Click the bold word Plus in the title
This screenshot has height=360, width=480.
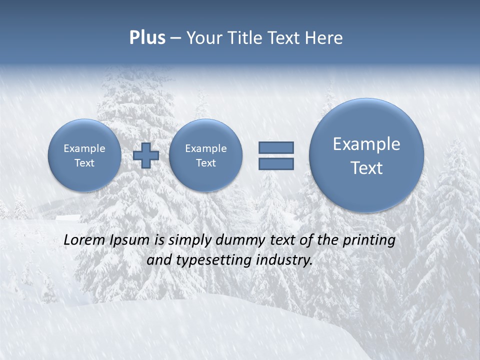(147, 38)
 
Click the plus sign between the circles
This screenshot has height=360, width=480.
(146, 155)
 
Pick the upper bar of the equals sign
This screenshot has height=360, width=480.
(276, 147)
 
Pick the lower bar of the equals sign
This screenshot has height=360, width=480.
(276, 163)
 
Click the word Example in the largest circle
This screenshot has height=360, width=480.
(366, 144)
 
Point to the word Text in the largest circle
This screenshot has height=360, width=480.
(366, 168)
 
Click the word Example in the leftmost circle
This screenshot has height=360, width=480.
(84, 148)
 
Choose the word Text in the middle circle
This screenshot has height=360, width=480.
(205, 163)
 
